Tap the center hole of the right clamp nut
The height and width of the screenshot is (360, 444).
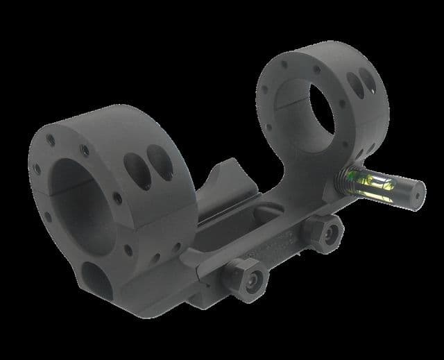[x=330, y=234]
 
